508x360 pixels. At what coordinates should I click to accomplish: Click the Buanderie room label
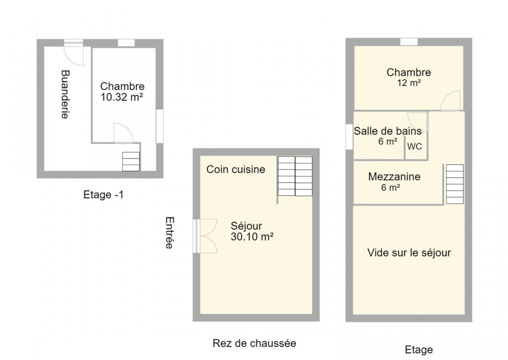[x=66, y=94]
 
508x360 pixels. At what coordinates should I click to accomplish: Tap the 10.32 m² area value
[x=122, y=97]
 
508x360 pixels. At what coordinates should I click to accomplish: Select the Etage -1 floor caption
[x=103, y=194]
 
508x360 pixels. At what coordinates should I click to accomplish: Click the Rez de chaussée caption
[x=254, y=343]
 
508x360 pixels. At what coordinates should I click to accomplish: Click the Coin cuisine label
[x=236, y=169]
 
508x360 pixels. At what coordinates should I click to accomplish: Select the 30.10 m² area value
[x=252, y=237]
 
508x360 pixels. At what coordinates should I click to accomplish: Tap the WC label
[x=414, y=147]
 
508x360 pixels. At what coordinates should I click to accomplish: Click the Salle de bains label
[x=388, y=131]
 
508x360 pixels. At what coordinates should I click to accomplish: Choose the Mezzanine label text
[x=394, y=177]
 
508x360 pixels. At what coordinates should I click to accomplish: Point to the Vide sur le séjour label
[x=409, y=252]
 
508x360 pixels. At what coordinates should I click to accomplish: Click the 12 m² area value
[x=409, y=83]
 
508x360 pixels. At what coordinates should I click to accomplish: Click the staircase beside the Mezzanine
[x=455, y=184]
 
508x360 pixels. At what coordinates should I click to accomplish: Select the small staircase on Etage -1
[x=131, y=162]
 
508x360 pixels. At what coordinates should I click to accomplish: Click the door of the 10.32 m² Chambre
[x=124, y=133]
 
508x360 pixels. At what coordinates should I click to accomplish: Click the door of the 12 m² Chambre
[x=450, y=101]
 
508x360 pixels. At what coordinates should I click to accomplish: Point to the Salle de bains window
[x=349, y=137]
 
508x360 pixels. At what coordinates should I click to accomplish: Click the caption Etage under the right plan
[x=419, y=350]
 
